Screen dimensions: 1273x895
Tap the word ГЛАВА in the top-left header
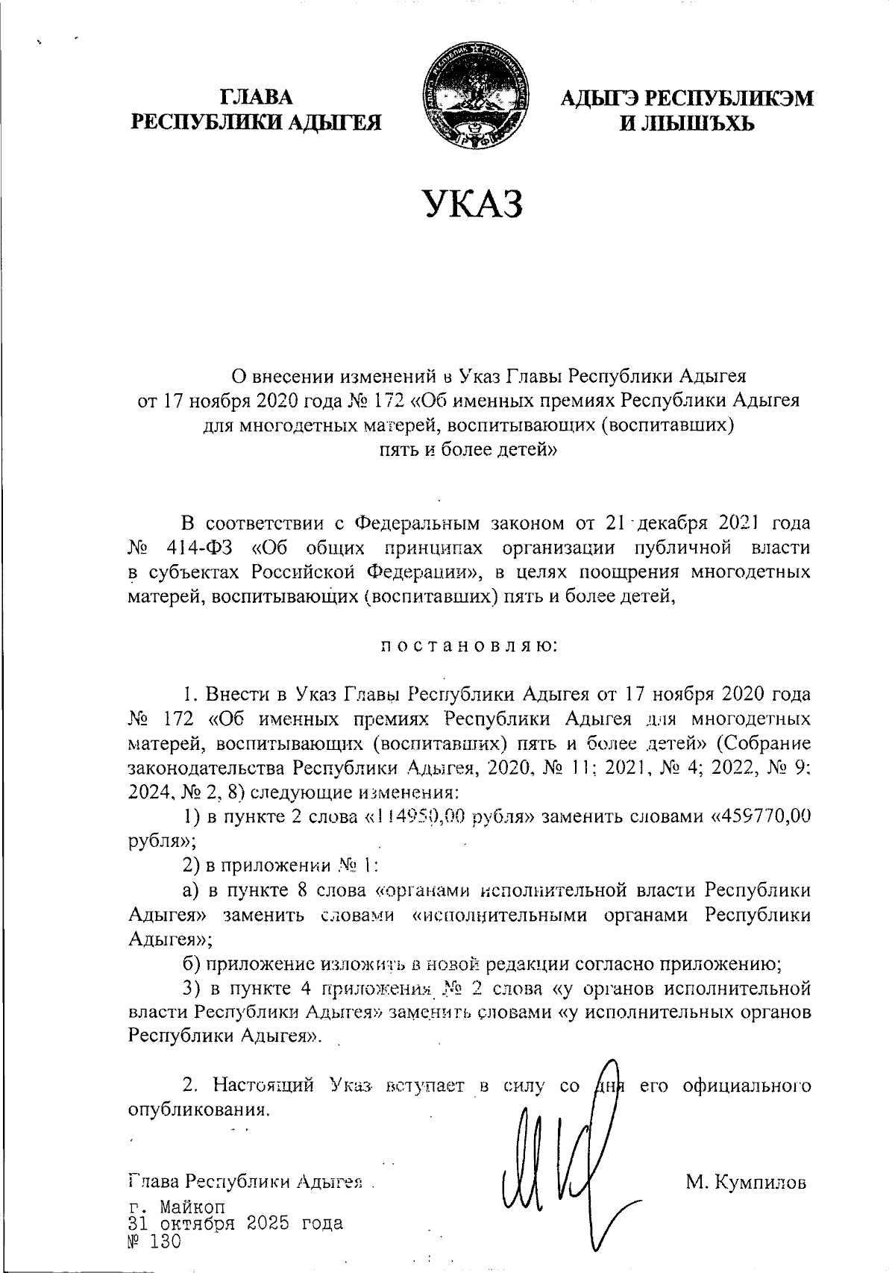(257, 98)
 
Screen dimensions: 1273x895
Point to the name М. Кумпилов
(746, 1182)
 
